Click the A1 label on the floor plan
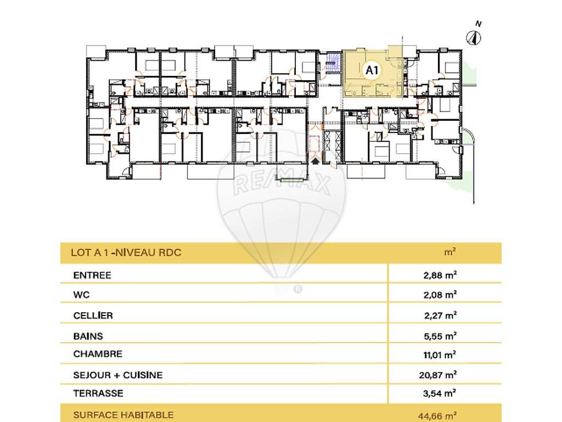pyautogui.click(x=372, y=70)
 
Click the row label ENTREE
pyautogui.click(x=92, y=276)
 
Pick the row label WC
pyautogui.click(x=81, y=295)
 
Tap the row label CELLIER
pyautogui.click(x=93, y=315)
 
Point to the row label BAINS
pyautogui.click(x=88, y=336)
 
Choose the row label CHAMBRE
pyautogui.click(x=98, y=354)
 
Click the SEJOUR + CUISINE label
pyautogui.click(x=117, y=375)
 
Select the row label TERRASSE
pyautogui.click(x=98, y=393)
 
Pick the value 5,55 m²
pyautogui.click(x=440, y=336)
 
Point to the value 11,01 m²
pyautogui.click(x=440, y=355)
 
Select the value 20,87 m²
pyautogui.click(x=437, y=375)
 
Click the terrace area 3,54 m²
pyautogui.click(x=440, y=393)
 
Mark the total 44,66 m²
pyautogui.click(x=437, y=417)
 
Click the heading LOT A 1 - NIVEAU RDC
pyautogui.click(x=126, y=252)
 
